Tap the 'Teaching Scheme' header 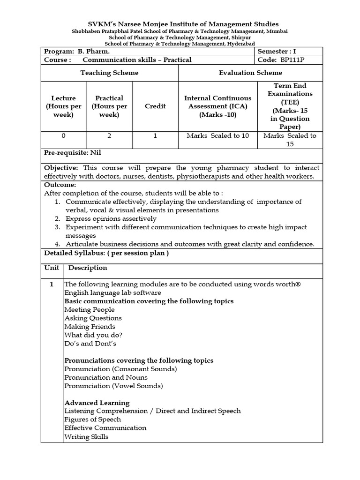tap(109, 73)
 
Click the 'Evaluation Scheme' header tap(250, 73)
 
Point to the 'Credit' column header tap(155, 106)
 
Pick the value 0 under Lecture tap(63, 136)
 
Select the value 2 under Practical tap(109, 136)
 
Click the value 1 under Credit tap(155, 136)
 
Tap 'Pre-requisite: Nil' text tap(73, 153)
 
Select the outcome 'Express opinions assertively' tap(111, 218)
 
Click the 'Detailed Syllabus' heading tap(106, 253)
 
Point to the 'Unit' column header tap(52, 268)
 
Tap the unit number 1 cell tap(52, 284)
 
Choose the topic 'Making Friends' tap(90, 327)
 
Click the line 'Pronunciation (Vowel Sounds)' tap(113, 386)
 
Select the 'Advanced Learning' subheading tap(97, 403)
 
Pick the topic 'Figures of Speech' tap(92, 420)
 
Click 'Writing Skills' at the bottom tap(86, 437)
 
